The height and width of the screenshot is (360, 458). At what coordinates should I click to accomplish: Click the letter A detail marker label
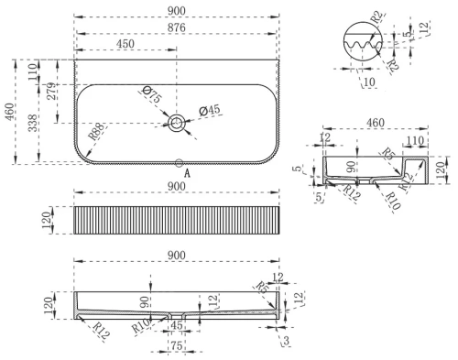tap(187, 172)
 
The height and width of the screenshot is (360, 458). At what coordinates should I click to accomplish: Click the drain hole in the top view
tap(176, 122)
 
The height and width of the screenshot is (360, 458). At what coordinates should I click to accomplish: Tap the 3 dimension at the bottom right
tap(287, 340)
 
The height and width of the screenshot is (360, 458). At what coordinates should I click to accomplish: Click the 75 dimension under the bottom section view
tap(178, 346)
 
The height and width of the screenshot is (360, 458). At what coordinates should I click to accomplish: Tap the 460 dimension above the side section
tap(375, 122)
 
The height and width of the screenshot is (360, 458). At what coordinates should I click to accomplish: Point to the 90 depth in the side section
tap(349, 166)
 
